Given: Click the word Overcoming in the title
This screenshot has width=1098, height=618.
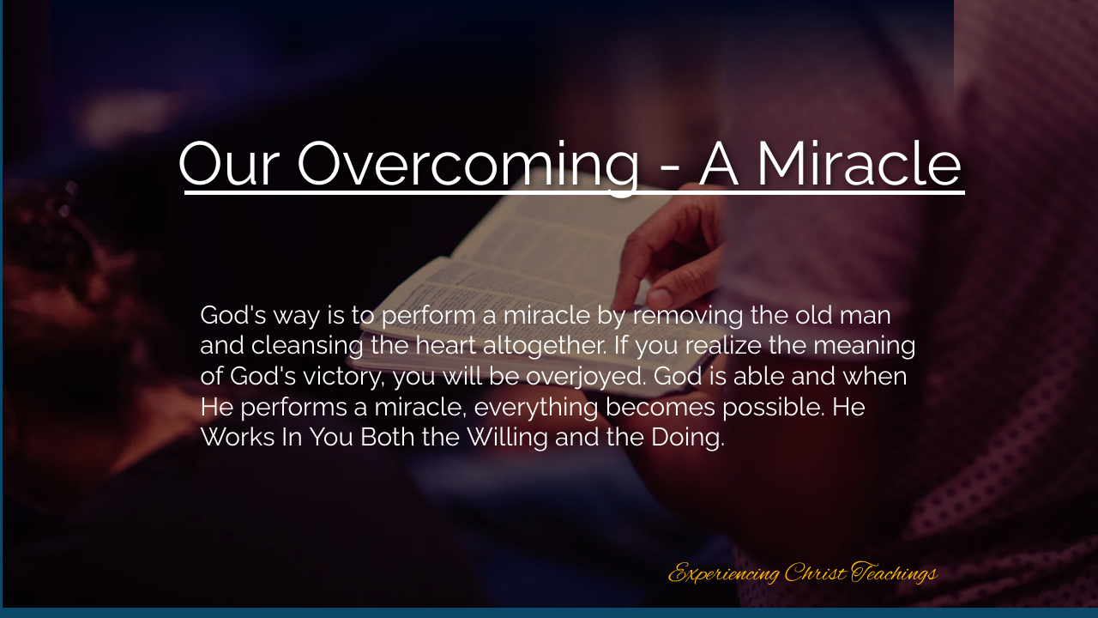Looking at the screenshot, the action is click(468, 165).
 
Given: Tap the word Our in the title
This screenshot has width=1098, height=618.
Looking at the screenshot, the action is click(229, 163).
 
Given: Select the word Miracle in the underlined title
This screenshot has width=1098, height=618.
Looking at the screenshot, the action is click(859, 163).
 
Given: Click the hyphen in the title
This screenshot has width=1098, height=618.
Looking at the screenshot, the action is click(670, 169).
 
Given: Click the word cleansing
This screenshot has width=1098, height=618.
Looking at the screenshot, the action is click(307, 346).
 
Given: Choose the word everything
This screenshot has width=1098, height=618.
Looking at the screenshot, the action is click(536, 408).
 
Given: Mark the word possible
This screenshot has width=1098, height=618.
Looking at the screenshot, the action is click(774, 408).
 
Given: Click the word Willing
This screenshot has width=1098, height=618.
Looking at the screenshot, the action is click(507, 438).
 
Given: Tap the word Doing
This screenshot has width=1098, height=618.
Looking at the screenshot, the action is click(688, 438).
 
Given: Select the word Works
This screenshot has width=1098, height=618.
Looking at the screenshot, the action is click(238, 437).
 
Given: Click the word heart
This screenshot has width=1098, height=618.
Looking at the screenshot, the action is click(445, 345).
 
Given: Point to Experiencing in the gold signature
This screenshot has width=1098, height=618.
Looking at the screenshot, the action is click(723, 573).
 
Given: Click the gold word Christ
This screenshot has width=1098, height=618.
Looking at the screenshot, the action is click(815, 573).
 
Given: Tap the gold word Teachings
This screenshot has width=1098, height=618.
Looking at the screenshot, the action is click(894, 573).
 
